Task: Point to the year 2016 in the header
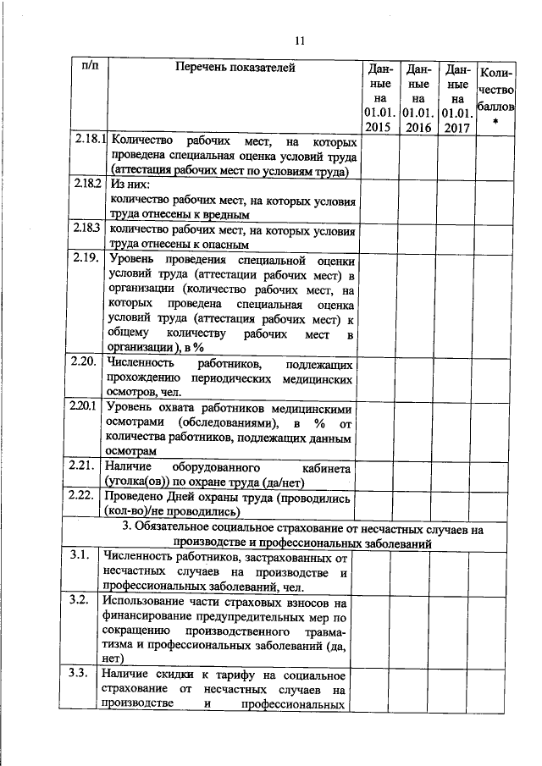pos(418,126)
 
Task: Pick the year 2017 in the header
pos(457,126)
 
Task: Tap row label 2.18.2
pos(87,184)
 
